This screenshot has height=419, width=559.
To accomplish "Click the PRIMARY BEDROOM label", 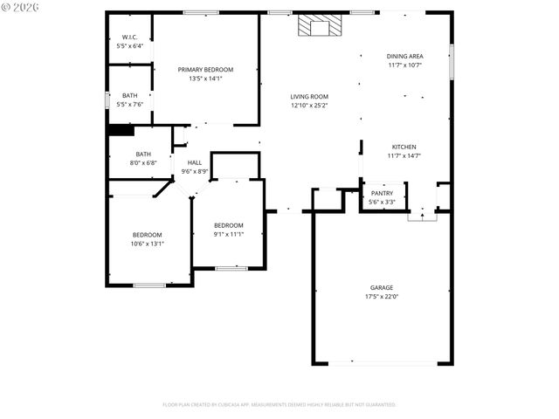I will [x=205, y=69].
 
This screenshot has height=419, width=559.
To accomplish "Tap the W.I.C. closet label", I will [x=129, y=37].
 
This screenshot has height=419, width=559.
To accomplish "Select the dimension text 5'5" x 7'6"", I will [x=129, y=104].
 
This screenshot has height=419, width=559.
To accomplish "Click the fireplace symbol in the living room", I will [x=314, y=26].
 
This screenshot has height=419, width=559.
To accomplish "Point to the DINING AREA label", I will [x=404, y=56].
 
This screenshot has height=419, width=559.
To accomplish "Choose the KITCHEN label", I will [x=404, y=147].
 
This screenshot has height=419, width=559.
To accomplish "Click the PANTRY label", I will [x=383, y=193].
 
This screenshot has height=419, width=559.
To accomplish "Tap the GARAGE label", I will [x=381, y=287].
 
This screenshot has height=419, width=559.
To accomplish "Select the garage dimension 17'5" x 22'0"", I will [x=381, y=296].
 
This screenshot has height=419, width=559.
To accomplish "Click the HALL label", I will [x=194, y=162].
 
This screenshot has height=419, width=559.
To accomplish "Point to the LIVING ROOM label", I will [x=309, y=96].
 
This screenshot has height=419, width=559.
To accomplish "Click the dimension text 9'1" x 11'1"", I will [x=228, y=233].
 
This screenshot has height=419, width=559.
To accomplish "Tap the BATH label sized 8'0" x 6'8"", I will [x=142, y=154].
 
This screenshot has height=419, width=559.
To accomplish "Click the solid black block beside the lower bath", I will [x=120, y=131].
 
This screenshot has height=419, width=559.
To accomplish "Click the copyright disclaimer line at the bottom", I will [x=279, y=405].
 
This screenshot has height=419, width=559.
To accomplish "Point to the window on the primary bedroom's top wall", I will [x=201, y=12].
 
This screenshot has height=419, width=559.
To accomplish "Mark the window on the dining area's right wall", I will [x=452, y=61].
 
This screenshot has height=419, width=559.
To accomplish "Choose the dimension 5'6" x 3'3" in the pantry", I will [x=383, y=202].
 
